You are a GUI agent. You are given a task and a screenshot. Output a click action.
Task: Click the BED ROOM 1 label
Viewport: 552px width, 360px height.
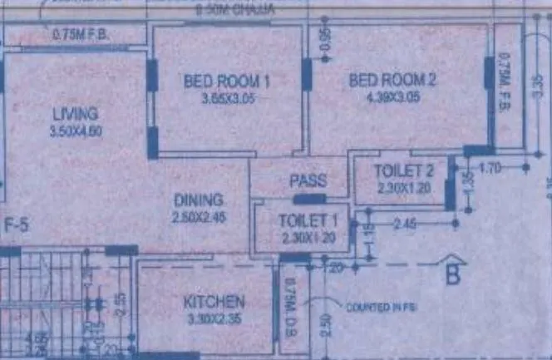[228, 81]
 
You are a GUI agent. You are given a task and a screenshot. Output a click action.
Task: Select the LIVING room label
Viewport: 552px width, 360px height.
[75, 114]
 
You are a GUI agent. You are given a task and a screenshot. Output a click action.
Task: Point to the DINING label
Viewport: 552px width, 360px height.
[198, 200]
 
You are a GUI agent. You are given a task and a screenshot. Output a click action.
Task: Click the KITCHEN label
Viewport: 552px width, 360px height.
[214, 301]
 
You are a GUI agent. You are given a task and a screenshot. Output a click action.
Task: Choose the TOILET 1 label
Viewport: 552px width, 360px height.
[297, 221]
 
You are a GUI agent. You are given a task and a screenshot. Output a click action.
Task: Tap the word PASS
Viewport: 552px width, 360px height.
[307, 181]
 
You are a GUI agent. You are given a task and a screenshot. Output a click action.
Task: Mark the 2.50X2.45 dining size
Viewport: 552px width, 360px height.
[197, 216]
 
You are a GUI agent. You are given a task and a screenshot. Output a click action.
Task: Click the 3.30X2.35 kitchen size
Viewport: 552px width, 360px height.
[214, 316]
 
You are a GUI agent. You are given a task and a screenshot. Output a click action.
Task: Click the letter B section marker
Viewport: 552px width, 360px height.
[452, 275]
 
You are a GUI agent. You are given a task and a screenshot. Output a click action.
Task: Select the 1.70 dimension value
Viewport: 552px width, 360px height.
[490, 167]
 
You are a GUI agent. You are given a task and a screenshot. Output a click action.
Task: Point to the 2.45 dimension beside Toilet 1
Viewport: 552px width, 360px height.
[405, 224]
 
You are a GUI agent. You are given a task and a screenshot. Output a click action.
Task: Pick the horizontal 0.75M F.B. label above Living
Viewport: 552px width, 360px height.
[81, 34]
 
